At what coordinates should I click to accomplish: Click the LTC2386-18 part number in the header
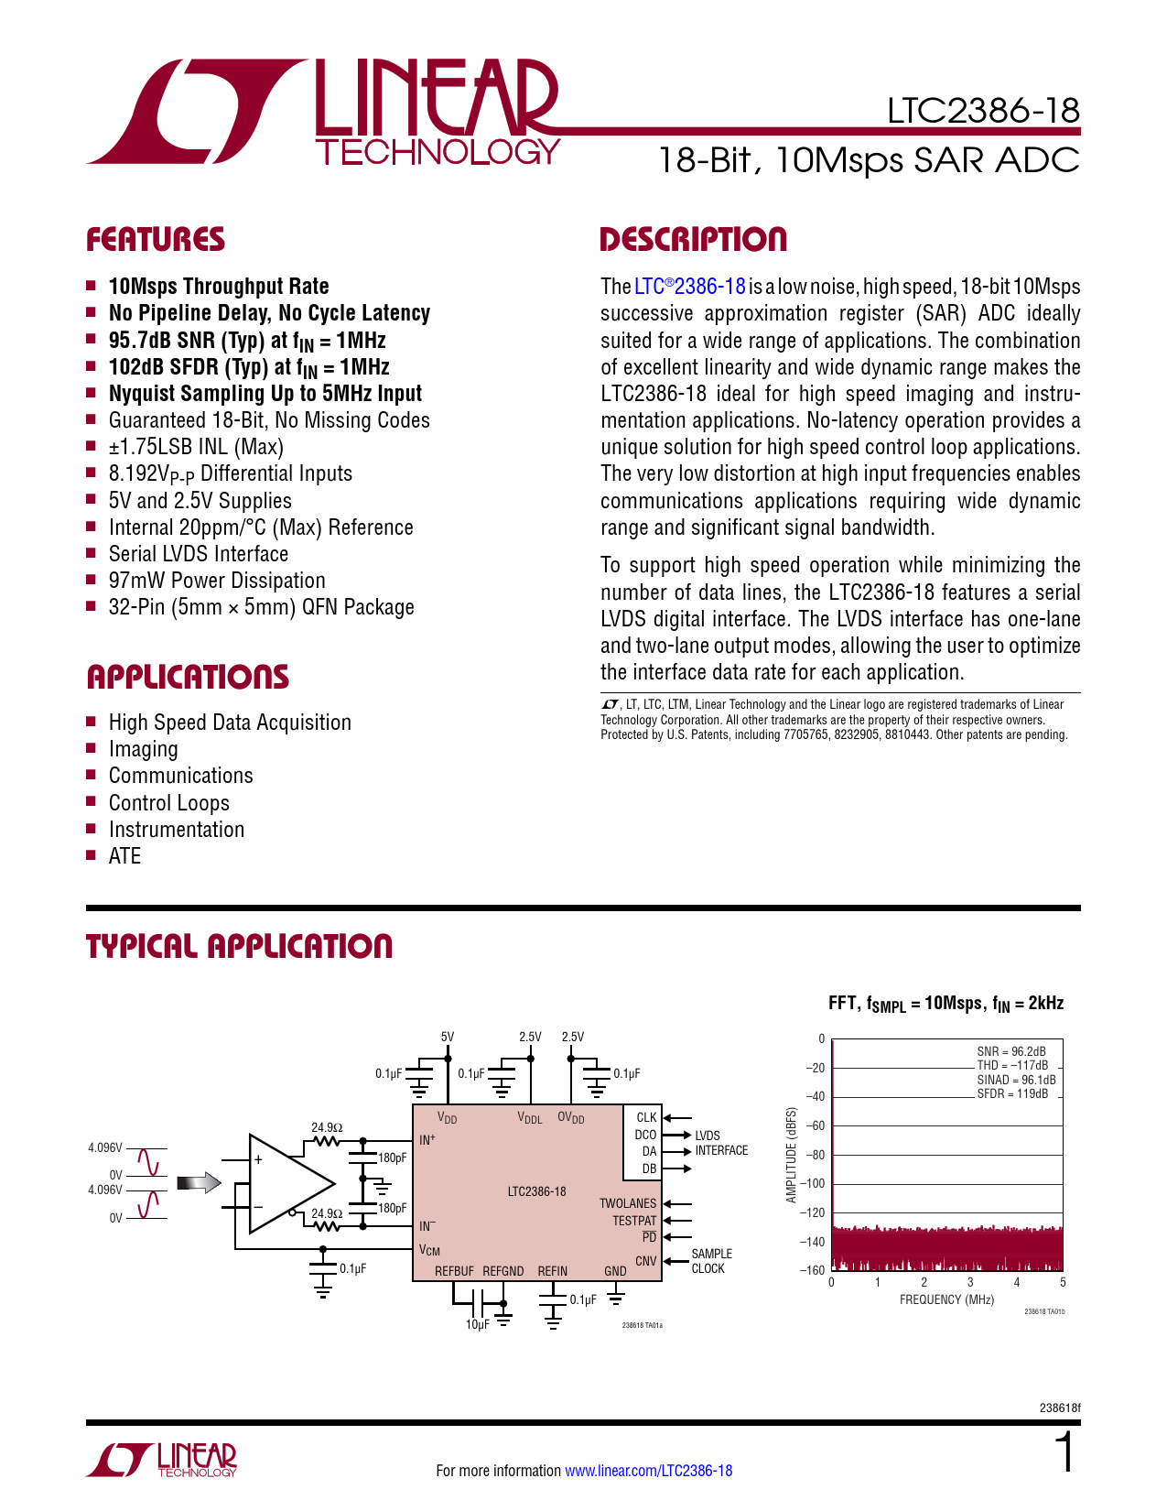983,111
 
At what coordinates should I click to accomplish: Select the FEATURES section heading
155,240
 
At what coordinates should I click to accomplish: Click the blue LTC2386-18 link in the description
690,287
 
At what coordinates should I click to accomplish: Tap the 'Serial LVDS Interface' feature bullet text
198,554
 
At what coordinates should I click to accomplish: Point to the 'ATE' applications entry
124,856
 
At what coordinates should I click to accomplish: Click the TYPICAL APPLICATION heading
239,947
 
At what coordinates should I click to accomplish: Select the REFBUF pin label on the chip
454,1271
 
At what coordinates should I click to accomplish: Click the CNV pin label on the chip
645,1261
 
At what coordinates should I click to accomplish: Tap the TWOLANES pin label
628,1203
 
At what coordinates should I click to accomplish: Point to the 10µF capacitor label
477,1324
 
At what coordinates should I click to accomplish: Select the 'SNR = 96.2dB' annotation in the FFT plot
1010,1051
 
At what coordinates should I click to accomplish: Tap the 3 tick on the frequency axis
970,1283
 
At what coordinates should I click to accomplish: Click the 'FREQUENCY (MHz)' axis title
946,1299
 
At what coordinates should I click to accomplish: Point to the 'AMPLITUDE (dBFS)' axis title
792,1155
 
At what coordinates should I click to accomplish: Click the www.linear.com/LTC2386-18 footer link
648,1471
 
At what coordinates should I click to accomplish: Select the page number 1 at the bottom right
1064,1453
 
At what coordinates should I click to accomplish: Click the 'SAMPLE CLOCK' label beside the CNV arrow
711,1261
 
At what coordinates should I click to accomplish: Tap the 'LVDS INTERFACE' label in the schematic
720,1143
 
